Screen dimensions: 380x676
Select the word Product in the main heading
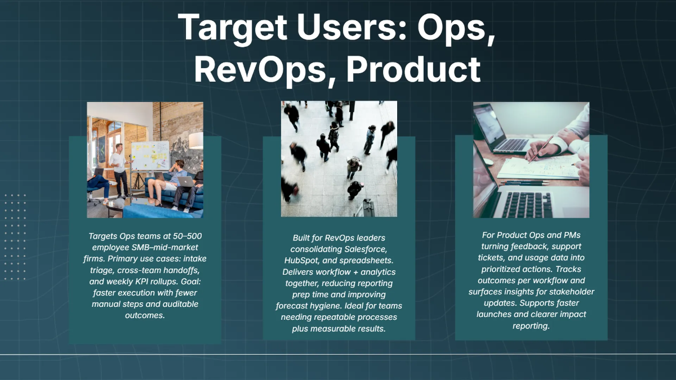(x=413, y=70)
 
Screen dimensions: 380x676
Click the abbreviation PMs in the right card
(x=570, y=235)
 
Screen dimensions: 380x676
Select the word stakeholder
(x=569, y=292)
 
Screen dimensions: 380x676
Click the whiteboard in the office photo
(x=150, y=155)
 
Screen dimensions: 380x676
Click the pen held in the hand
(x=540, y=149)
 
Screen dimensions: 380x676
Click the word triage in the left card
(x=101, y=270)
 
